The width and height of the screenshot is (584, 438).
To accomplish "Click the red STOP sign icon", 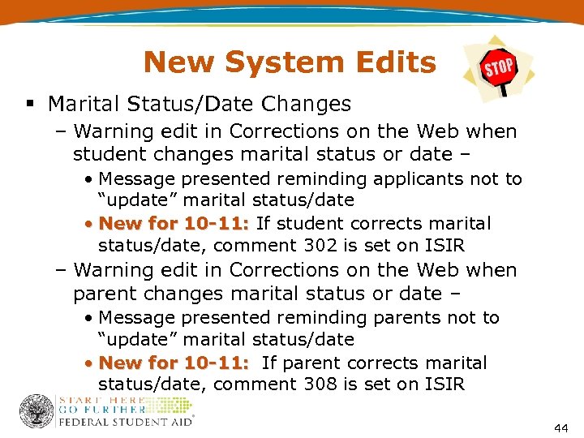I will (498, 67).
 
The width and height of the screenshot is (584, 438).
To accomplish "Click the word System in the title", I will (286, 62).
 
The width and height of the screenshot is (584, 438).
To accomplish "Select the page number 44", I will (560, 427).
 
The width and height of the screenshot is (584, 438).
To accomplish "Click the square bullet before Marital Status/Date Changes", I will (29, 105).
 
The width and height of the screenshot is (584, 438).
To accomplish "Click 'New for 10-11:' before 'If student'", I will (174, 223).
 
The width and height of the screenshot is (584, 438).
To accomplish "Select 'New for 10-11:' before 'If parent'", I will (174, 363).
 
